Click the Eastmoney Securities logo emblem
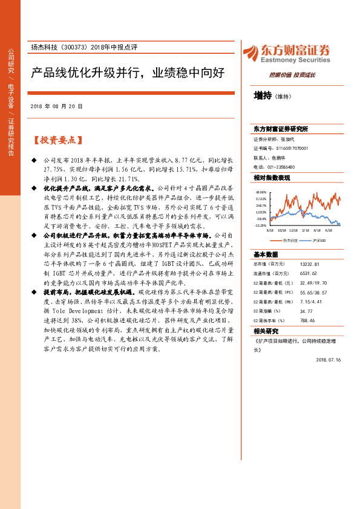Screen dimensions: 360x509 (251, 52)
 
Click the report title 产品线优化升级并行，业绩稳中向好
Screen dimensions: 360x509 (128, 74)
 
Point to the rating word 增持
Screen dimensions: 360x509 (263, 95)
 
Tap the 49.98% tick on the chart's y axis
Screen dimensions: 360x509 (261, 192)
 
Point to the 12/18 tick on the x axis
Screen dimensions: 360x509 (293, 230)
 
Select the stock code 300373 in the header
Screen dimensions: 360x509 (74, 47)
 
